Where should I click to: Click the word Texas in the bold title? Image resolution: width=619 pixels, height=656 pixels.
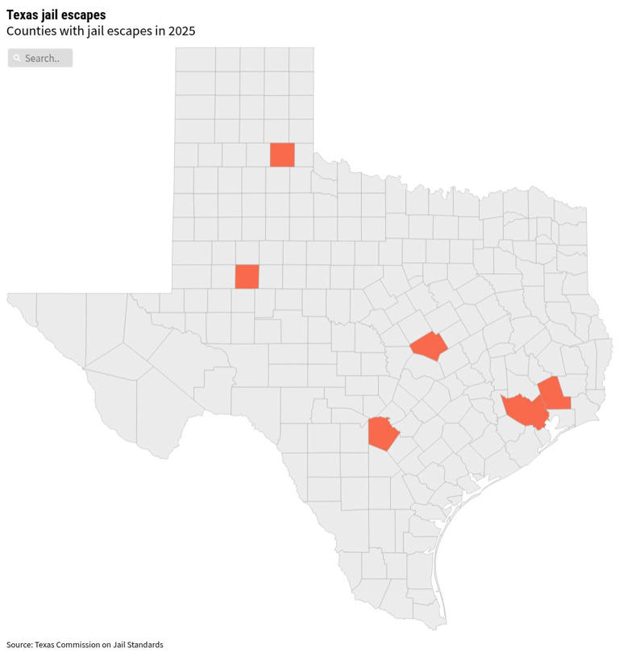pos(22,14)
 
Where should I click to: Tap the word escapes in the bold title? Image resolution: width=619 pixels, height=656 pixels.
pos(85,14)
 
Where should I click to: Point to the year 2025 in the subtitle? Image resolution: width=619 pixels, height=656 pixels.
pos(181,31)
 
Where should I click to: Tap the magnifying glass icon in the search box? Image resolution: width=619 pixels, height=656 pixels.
pos(17,58)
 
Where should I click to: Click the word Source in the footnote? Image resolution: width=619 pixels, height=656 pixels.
pos(19,645)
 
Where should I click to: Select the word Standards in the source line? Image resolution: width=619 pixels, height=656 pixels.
pos(145,645)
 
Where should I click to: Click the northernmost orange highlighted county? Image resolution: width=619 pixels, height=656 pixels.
pos(282,155)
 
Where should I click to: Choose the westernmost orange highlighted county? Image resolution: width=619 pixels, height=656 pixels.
pos(247,276)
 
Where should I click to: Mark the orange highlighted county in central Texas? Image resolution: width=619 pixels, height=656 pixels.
pos(429,346)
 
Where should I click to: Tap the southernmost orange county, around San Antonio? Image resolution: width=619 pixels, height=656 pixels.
pos(382,433)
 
